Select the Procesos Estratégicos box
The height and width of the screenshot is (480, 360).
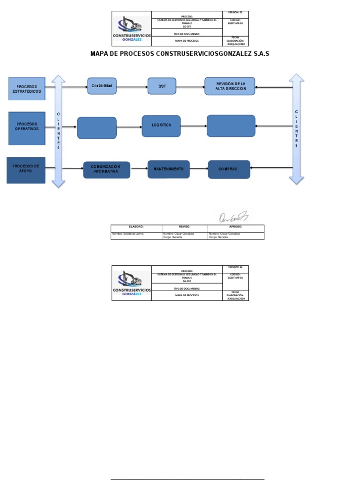tap(27, 89)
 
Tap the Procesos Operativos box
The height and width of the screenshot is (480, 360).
tap(27, 128)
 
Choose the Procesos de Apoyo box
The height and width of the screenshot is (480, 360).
tap(26, 170)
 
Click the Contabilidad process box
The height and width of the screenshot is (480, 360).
tap(102, 86)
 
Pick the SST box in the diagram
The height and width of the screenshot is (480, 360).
tap(162, 86)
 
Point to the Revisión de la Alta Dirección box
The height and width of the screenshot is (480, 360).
tap(230, 86)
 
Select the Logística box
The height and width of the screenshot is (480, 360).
tap(161, 126)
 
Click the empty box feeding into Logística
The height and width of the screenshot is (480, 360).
tap(97, 127)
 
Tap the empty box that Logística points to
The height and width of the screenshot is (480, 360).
tap(231, 126)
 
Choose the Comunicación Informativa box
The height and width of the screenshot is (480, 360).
tap(106, 170)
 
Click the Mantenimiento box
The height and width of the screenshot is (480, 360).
tap(169, 169)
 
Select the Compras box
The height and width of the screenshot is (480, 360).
tap(229, 169)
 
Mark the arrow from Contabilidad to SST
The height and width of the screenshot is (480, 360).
tap(132, 87)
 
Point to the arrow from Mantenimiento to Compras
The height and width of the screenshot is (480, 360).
tap(199, 169)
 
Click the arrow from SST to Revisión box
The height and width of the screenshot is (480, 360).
tap(190, 87)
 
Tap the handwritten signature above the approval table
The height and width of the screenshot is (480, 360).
tap(233, 217)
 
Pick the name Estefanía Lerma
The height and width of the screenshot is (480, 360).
tap(128, 233)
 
